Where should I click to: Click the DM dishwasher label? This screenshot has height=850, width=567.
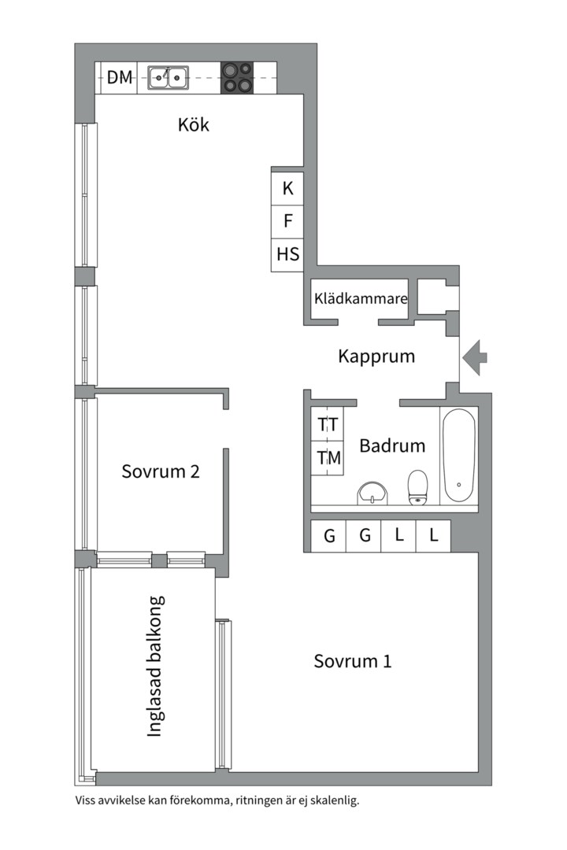(x=120, y=77)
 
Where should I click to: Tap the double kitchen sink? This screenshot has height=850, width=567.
(x=169, y=77)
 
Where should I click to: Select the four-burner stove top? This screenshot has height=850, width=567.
(x=237, y=77)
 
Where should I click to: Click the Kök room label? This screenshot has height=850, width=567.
(x=194, y=124)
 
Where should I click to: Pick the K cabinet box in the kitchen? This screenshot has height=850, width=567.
(x=287, y=188)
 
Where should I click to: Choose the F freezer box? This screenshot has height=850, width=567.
(x=287, y=221)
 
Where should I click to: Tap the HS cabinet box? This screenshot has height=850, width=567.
(x=287, y=254)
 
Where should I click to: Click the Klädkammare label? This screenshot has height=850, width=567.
(x=360, y=299)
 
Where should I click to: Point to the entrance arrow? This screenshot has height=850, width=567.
(x=474, y=357)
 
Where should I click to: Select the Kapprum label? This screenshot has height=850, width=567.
(x=376, y=356)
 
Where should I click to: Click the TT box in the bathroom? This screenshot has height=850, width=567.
(x=328, y=424)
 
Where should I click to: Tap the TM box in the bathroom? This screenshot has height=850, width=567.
(x=328, y=457)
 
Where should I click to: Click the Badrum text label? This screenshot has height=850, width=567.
(x=392, y=445)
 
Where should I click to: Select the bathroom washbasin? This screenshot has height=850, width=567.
(x=372, y=493)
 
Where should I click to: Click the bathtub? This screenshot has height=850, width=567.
(x=458, y=456)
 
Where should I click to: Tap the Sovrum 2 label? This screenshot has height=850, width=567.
(x=161, y=471)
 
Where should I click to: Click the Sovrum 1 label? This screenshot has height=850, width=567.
(x=353, y=661)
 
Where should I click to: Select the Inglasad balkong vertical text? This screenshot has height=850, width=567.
(x=155, y=666)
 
